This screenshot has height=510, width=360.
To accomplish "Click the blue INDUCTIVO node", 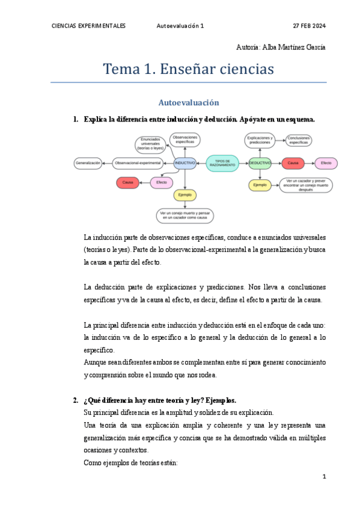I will [185, 163].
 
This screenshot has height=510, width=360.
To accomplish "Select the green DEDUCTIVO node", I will [260, 163].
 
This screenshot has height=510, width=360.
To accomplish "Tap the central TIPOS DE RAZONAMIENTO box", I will [222, 163].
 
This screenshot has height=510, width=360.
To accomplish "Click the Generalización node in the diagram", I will [88, 163].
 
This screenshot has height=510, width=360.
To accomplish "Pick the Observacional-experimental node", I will [138, 163].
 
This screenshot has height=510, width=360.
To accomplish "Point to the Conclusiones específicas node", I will [298, 141].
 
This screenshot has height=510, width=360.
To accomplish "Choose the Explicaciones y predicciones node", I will [260, 141].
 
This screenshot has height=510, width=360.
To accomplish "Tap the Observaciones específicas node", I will [185, 139].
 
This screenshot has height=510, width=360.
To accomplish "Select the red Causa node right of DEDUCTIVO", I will [293, 163].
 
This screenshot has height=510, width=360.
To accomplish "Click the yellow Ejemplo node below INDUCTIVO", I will [185, 195].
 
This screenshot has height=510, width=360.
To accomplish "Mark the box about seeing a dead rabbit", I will [186, 215].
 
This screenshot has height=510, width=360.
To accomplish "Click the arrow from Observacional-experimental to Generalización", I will [108, 163].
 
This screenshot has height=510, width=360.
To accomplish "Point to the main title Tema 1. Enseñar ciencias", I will [188, 69].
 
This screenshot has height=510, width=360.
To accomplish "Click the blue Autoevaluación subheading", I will [188, 103].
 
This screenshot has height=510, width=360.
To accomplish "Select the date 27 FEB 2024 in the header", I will [309, 26].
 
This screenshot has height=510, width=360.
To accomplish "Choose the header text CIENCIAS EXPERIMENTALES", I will [89, 26].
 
